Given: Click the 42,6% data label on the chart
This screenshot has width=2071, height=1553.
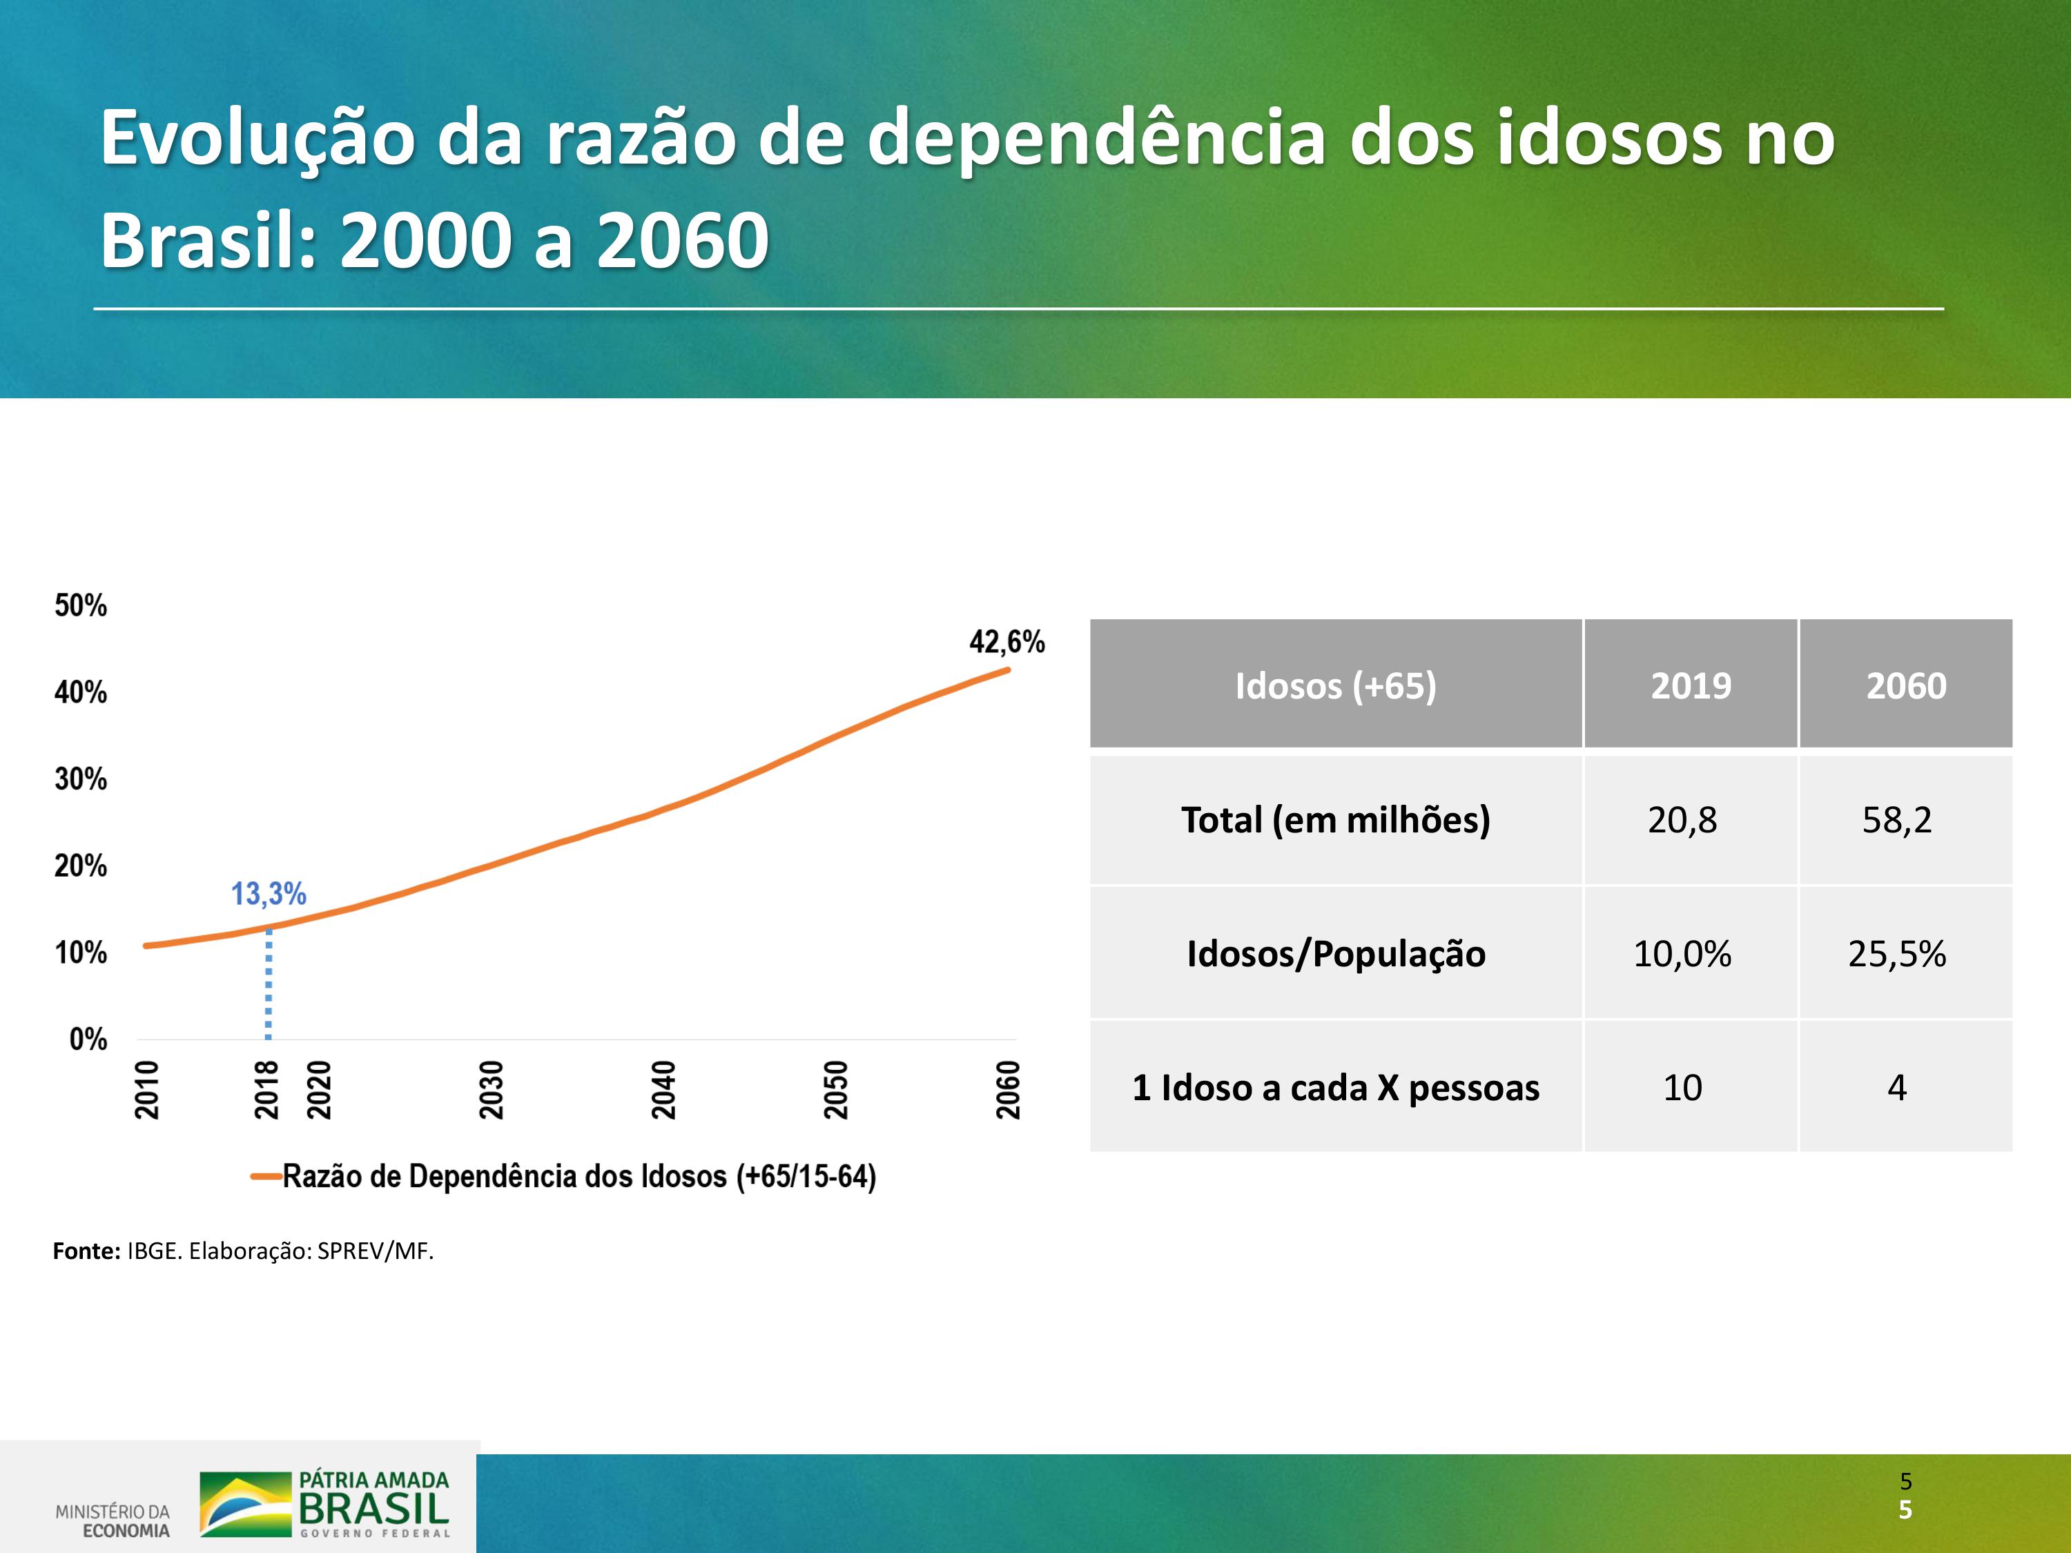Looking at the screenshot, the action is click(x=1007, y=642).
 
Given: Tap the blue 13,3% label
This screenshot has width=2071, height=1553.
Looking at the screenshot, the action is click(x=269, y=894).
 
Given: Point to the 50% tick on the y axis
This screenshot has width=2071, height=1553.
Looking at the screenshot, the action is click(x=81, y=605).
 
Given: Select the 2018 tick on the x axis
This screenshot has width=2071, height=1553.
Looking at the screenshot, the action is click(x=267, y=1090).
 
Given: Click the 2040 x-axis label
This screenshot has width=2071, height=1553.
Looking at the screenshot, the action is click(x=664, y=1090).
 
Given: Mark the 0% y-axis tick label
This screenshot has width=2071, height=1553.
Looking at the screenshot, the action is click(x=88, y=1039).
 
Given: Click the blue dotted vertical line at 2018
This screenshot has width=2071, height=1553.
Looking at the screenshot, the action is click(x=269, y=984).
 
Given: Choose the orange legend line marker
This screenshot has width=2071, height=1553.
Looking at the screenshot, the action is click(x=266, y=1177).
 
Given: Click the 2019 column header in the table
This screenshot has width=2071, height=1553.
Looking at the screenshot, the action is click(x=1691, y=686).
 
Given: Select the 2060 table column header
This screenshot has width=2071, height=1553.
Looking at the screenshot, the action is click(x=1906, y=686).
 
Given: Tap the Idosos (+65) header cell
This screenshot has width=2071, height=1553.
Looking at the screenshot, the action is click(x=1335, y=686).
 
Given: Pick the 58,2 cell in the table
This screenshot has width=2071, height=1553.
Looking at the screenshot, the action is click(x=1897, y=820).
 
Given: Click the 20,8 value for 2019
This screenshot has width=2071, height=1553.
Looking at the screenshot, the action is click(x=1682, y=820).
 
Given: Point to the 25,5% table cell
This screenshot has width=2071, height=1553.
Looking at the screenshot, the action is click(x=1897, y=954).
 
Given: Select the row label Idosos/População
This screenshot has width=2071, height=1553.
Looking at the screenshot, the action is click(x=1336, y=954).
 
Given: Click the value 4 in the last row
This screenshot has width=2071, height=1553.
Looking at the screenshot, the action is click(x=1897, y=1088).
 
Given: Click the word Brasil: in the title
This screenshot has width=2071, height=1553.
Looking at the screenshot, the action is click(x=208, y=241).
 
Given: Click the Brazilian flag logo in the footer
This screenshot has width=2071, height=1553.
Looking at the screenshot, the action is click(x=245, y=1504).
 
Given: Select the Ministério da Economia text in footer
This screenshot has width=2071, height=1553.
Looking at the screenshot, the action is click(x=113, y=1521).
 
